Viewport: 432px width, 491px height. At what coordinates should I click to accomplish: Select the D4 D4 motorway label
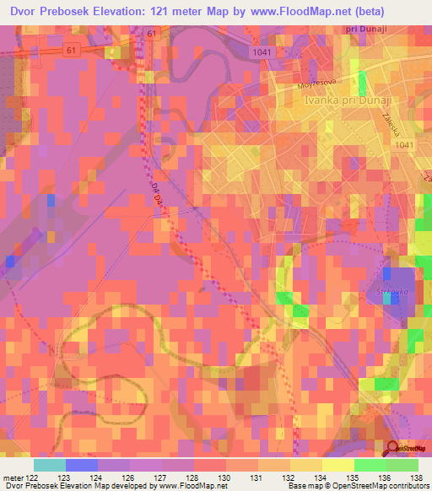point(160,189)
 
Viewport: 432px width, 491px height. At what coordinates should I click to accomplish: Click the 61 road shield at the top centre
point(150,33)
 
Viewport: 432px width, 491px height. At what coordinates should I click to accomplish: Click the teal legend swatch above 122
point(49,465)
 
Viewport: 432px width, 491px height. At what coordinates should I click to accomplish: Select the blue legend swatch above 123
point(81,465)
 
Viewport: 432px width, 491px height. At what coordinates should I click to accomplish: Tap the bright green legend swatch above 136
point(370,465)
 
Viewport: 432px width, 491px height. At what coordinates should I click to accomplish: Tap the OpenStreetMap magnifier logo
point(393,449)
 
